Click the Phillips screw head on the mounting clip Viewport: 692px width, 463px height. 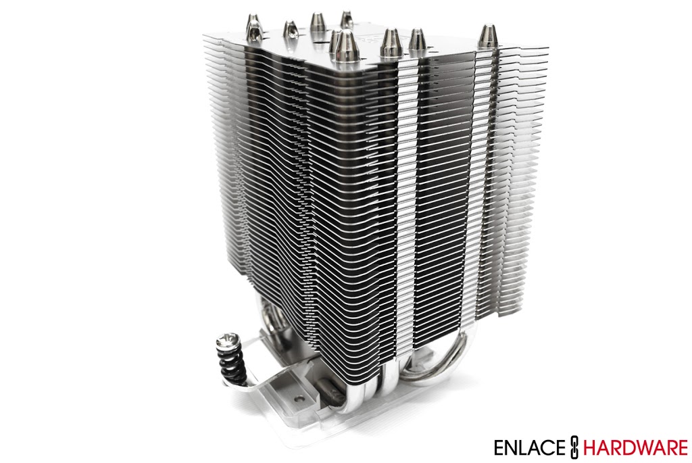pyautogui.click(x=226, y=340)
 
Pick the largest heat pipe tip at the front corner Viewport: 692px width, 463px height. pyautogui.click(x=345, y=46)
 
